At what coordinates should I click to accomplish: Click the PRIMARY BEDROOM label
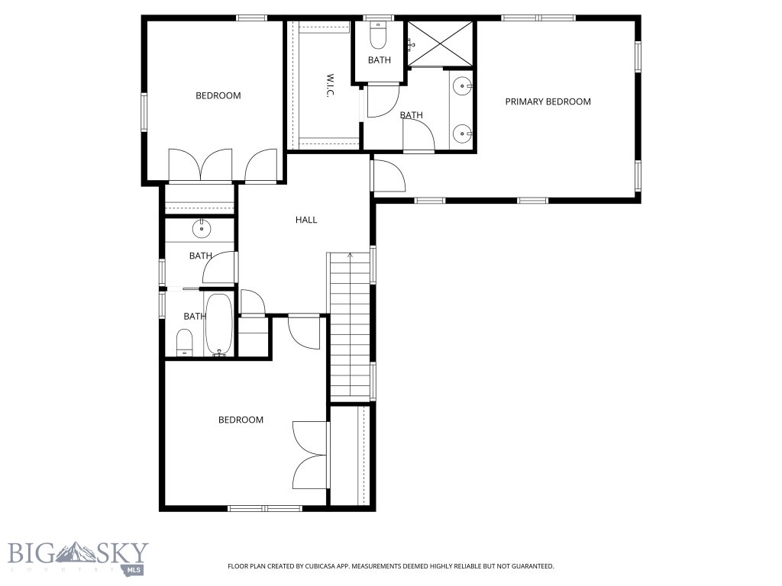coord(548,101)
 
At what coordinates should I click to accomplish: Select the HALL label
coord(306,220)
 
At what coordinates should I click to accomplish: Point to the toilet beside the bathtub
coord(185,343)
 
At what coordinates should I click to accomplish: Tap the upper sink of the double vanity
coord(463,86)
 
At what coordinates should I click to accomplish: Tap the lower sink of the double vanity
coord(463,134)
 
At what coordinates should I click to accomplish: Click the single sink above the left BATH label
coord(201,227)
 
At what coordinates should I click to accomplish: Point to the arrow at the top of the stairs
coord(350,255)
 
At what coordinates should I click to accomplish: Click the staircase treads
coord(350,328)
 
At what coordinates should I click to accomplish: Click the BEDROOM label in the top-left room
coord(218,95)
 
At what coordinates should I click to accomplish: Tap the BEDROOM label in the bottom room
coord(241,420)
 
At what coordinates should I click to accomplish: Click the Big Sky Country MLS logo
coord(77,557)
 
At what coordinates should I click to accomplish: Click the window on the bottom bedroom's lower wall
coord(265,508)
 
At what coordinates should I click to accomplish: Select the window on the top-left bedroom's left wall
coord(143,112)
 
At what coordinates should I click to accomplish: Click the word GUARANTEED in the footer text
coord(532,566)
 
